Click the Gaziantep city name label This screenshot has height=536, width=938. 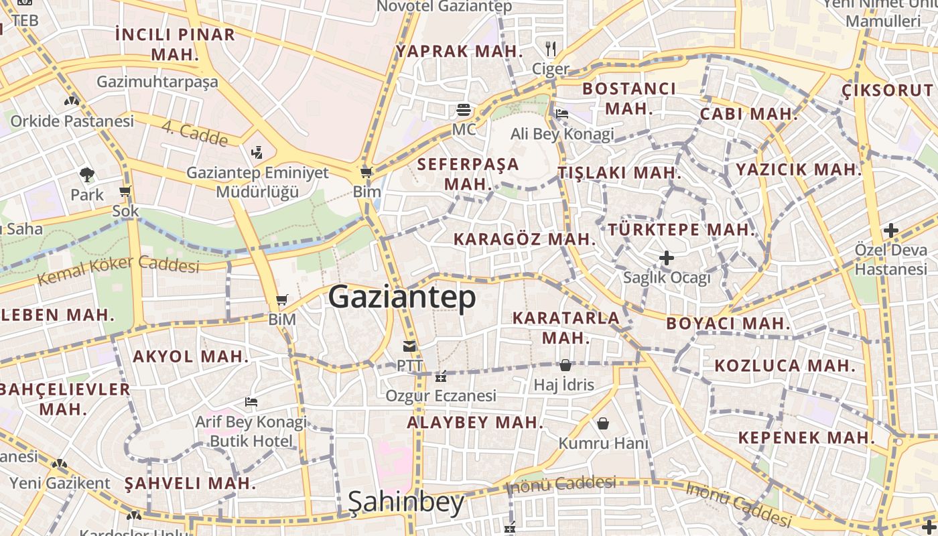click(402, 297)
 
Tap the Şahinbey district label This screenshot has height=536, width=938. click(406, 502)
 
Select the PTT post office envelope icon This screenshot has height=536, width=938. click(409, 346)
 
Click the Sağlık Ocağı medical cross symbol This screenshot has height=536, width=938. click(666, 258)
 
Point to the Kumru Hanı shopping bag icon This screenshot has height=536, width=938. click(603, 423)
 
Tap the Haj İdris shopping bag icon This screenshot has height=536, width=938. click(565, 365)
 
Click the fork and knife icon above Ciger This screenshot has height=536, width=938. click(551, 48)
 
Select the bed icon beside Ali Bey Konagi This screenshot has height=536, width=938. click(562, 113)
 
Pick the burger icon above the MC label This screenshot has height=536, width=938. click(464, 109)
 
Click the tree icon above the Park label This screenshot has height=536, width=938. click(86, 176)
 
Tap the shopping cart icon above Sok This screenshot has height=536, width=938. click(125, 192)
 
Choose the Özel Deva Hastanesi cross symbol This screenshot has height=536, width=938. click(890, 231)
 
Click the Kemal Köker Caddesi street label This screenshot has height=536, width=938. click(119, 268)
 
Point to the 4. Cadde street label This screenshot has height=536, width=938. click(195, 134)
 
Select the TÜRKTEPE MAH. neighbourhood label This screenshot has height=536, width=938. click(682, 229)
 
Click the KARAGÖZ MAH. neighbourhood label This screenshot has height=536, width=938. click(525, 239)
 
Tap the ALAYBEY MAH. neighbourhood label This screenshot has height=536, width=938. click(475, 422)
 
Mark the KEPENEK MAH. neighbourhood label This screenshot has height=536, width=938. click(806, 438)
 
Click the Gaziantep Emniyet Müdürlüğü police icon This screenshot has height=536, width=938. click(257, 153)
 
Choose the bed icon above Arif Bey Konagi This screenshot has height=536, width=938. click(251, 402)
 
